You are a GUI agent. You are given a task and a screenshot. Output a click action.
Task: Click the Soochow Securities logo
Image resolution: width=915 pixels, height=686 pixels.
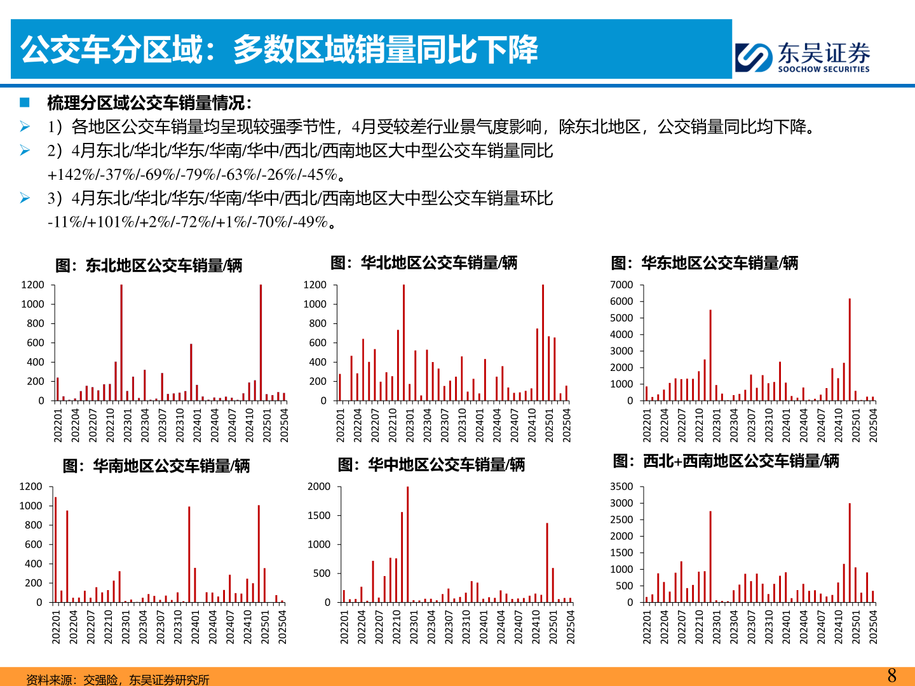click(802, 57)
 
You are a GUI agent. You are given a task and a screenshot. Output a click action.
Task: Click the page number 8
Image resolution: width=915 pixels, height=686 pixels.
click(891, 675)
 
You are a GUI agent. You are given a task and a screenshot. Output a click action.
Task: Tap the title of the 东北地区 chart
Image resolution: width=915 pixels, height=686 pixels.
click(149, 266)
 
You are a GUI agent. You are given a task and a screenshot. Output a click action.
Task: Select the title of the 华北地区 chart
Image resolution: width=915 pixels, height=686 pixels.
click(424, 263)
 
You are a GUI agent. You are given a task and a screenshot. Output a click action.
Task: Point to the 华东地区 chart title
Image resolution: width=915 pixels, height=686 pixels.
click(705, 263)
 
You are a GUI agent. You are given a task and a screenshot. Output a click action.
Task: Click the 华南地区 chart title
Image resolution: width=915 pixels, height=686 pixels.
click(156, 466)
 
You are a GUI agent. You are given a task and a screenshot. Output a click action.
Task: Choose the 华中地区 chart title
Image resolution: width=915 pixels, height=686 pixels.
click(431, 465)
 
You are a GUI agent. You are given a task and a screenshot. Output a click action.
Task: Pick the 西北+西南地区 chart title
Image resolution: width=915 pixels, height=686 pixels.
click(726, 461)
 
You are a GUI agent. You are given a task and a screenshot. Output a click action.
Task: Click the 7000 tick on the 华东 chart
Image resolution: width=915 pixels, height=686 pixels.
click(621, 285)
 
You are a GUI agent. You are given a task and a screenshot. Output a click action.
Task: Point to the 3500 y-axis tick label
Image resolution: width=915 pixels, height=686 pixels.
click(621, 487)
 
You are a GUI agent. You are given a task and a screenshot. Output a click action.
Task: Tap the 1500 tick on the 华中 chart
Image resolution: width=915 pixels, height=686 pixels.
click(319, 516)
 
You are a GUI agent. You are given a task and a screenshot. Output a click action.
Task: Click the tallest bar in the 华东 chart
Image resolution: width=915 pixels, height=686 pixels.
click(850, 349)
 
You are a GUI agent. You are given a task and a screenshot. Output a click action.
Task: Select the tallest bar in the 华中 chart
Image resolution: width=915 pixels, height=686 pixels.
click(407, 544)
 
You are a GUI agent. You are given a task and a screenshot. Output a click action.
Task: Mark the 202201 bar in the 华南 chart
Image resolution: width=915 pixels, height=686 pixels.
click(55, 549)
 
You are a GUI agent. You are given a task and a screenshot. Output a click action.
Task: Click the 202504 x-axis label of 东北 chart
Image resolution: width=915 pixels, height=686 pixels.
click(284, 425)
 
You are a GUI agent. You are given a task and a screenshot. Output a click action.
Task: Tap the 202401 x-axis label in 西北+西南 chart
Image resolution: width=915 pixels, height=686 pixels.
click(786, 627)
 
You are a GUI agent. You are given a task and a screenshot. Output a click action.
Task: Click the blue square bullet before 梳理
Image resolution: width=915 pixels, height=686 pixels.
click(25, 102)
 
